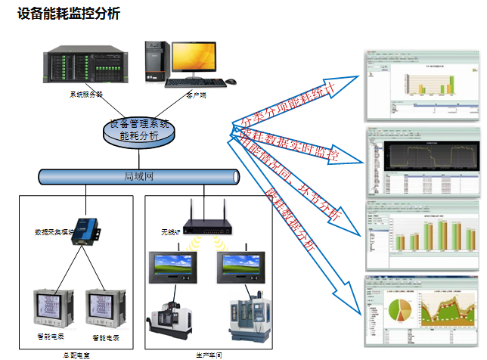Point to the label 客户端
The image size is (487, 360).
pos(196,96)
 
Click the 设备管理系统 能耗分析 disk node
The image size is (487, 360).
pos(139,131)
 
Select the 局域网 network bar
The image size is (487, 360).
pos(140,177)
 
